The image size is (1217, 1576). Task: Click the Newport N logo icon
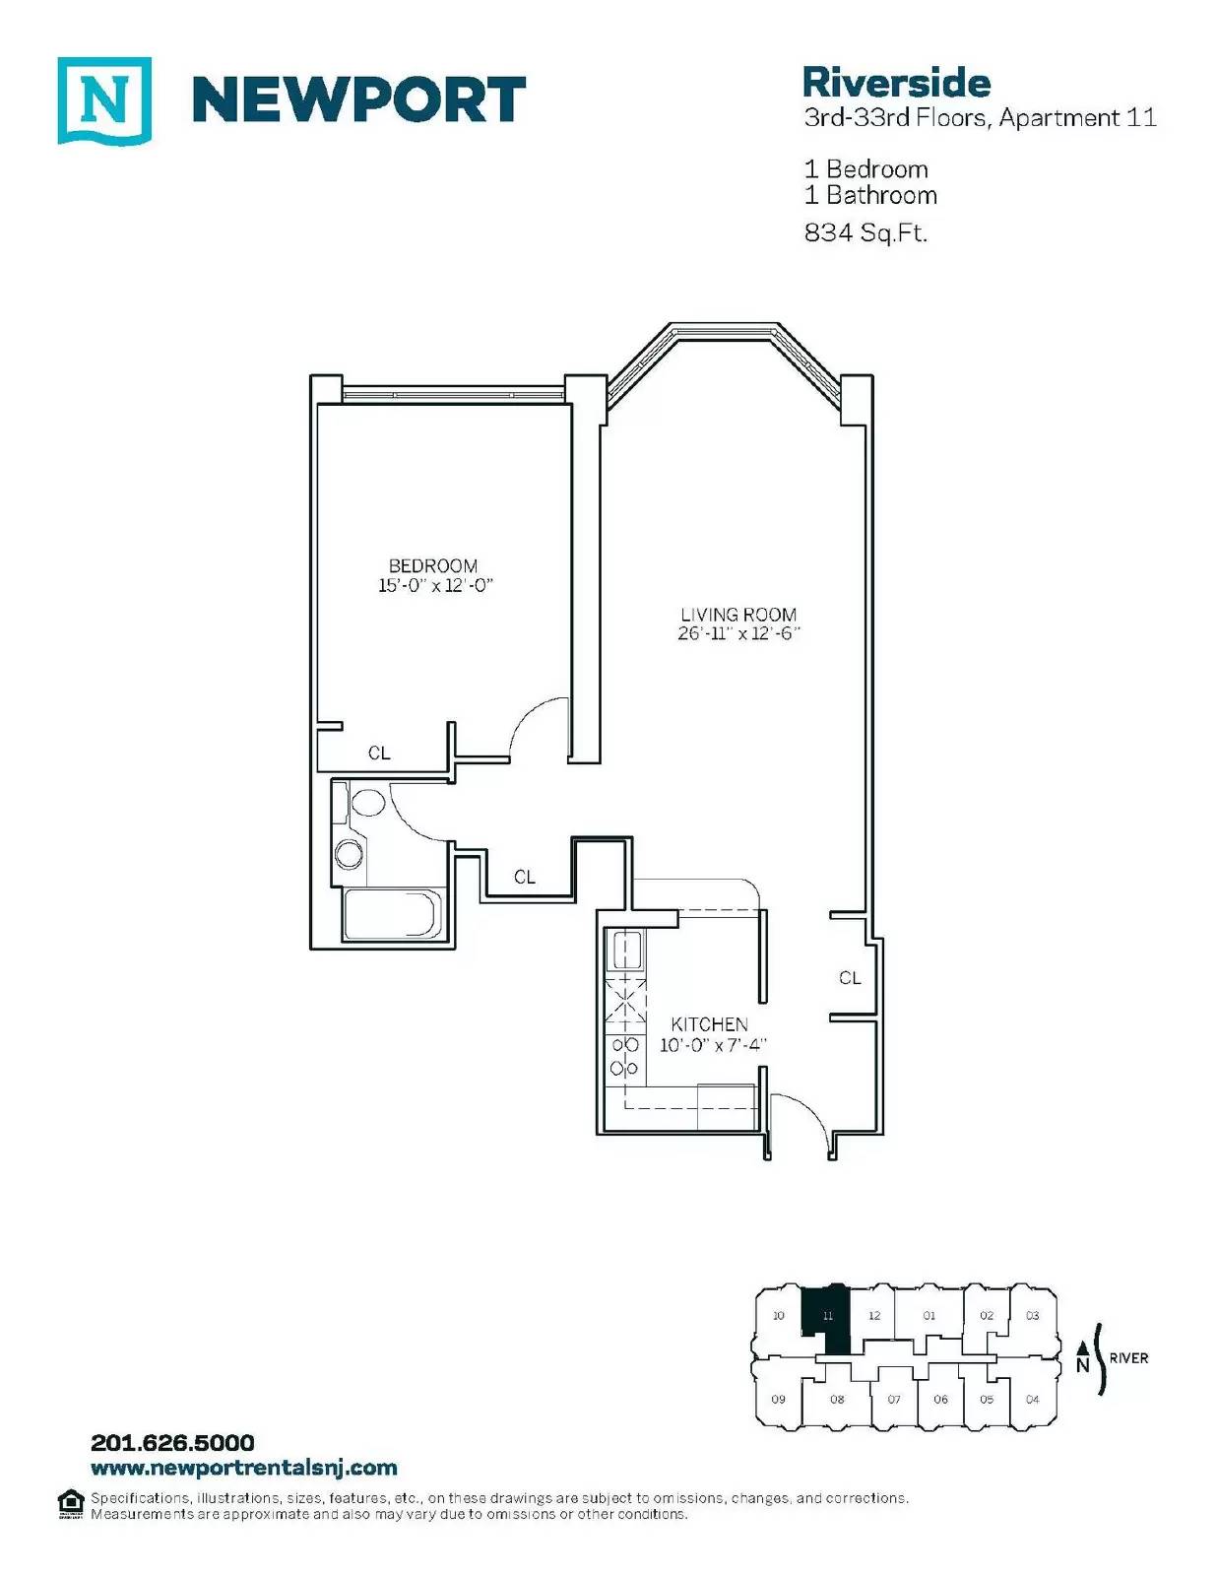pyautogui.click(x=104, y=100)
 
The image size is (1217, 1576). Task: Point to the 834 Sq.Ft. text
pyautogui.click(x=865, y=232)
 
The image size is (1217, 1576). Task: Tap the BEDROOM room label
pyautogui.click(x=432, y=565)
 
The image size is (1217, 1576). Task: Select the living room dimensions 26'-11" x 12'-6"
pyautogui.click(x=738, y=633)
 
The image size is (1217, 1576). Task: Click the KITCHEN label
pyautogui.click(x=710, y=1024)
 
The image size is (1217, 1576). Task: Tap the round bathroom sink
pyautogui.click(x=350, y=853)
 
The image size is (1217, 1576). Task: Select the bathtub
pyautogui.click(x=390, y=913)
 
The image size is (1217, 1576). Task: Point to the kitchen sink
pyautogui.click(x=626, y=951)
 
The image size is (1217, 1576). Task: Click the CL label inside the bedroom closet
pyautogui.click(x=379, y=754)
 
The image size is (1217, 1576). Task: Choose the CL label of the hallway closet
pyautogui.click(x=525, y=878)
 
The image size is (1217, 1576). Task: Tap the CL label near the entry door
pyautogui.click(x=851, y=978)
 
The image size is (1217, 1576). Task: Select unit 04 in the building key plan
pyautogui.click(x=1033, y=1399)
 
